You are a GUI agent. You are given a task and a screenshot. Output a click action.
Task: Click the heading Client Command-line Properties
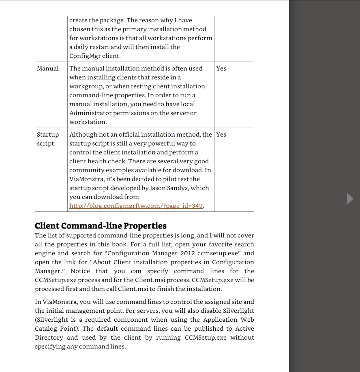pos(101,226)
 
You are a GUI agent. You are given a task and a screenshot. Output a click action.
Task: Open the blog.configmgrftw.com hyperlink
pos(136,206)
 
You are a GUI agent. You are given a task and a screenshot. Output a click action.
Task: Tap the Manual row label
pos(48,68)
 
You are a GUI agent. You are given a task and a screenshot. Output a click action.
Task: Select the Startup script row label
pos(47,139)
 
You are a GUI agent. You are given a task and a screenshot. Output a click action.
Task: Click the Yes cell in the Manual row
pos(221,68)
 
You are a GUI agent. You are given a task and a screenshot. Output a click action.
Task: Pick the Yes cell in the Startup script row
pos(221,135)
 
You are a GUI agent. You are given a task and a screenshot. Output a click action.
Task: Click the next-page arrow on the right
pos(350,199)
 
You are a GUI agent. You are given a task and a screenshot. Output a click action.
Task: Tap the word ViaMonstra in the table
pos(85,179)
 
